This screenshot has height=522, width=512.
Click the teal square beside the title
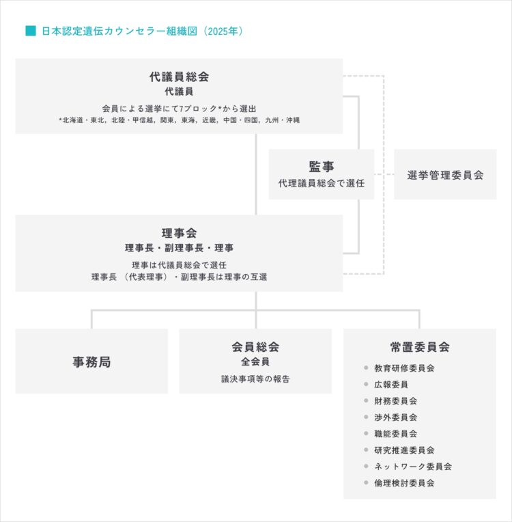click(31, 31)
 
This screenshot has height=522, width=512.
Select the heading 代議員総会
click(179, 77)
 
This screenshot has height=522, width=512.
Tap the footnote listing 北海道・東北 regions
click(179, 120)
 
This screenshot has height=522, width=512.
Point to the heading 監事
click(322, 167)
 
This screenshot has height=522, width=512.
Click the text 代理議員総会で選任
click(322, 183)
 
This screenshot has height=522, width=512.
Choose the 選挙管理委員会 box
click(445, 174)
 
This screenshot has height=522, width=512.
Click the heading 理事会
click(179, 233)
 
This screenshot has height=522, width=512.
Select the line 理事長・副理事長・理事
click(179, 248)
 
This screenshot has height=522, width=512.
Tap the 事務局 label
click(91, 362)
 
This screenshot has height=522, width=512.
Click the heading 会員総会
click(255, 347)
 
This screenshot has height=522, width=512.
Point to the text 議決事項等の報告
click(255, 379)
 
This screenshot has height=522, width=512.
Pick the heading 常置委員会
click(420, 347)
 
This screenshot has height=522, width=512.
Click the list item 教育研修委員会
click(404, 368)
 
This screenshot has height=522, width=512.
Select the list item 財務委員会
click(395, 401)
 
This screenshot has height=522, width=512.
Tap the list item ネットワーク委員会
click(413, 467)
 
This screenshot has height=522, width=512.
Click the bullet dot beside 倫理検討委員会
click(366, 482)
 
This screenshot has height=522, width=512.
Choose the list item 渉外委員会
click(395, 417)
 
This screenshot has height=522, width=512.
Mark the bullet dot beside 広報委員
click(366, 384)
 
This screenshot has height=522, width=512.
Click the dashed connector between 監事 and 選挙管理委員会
click(384, 174)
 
